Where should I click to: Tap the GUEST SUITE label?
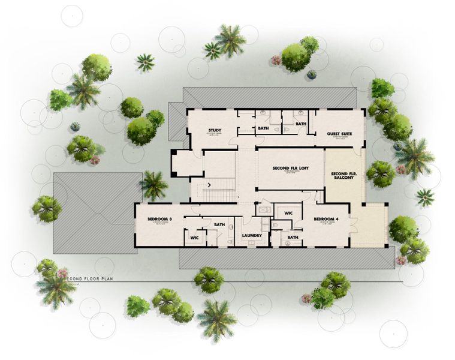(x=339, y=134)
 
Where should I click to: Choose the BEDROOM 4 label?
(x=326, y=219)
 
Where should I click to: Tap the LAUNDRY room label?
(x=252, y=235)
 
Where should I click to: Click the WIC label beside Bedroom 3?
(x=194, y=238)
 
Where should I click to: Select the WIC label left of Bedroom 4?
(x=288, y=213)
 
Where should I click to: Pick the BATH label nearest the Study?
(x=263, y=128)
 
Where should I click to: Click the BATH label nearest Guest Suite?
(x=301, y=124)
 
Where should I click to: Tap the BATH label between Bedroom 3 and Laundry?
(x=219, y=225)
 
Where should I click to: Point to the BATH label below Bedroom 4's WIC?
(x=293, y=237)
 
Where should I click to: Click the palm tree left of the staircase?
(x=155, y=185)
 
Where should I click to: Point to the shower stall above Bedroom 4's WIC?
(x=264, y=209)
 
